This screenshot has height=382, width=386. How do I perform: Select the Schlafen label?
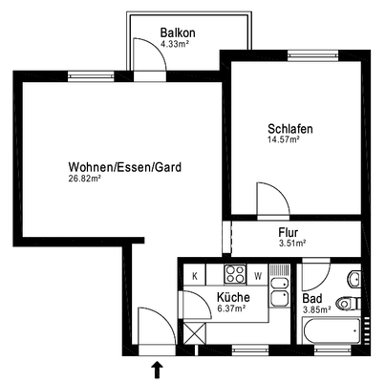click(x=290, y=129)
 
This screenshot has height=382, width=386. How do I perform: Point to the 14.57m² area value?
click(x=284, y=140)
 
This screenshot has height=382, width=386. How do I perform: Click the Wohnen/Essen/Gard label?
click(x=125, y=166)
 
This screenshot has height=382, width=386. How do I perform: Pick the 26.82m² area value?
click(x=85, y=179)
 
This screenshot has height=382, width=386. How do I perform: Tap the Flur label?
click(x=289, y=232)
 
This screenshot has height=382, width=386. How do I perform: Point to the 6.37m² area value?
click(x=232, y=308)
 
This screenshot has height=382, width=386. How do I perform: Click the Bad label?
click(x=312, y=297)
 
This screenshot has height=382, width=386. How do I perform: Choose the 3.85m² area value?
click(x=316, y=309)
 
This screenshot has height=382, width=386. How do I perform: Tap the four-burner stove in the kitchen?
click(x=235, y=276)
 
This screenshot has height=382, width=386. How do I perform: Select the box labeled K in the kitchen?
click(x=195, y=277)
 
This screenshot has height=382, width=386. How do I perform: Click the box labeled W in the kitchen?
click(x=258, y=277)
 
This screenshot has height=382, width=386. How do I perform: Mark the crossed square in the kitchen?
click(x=195, y=334)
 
